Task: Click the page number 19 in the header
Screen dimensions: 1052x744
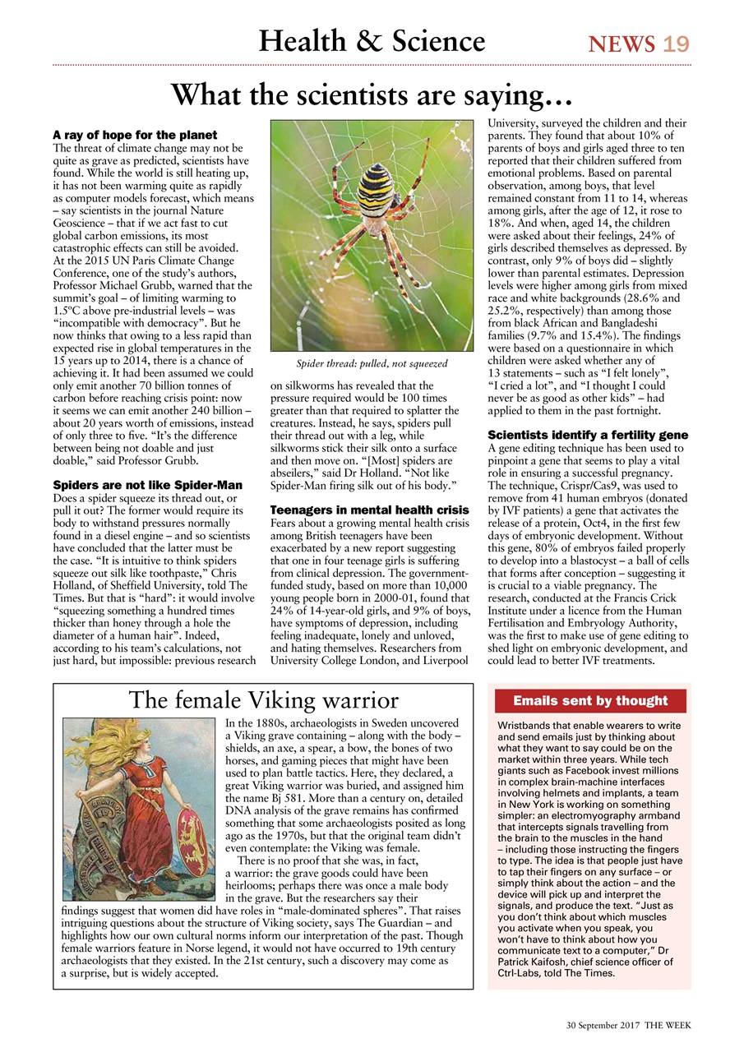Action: point(677,44)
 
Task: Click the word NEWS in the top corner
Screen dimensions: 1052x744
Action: point(622,44)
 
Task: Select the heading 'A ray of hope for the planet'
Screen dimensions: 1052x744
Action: point(135,135)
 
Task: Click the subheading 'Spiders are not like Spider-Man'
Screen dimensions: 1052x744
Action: point(147,485)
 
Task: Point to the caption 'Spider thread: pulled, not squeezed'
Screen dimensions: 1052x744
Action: point(372,363)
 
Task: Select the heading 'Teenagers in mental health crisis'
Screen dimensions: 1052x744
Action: point(370,510)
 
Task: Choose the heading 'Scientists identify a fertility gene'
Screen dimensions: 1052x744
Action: point(588,435)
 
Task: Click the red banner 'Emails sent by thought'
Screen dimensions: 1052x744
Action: point(589,700)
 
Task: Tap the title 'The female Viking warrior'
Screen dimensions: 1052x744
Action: point(263,700)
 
